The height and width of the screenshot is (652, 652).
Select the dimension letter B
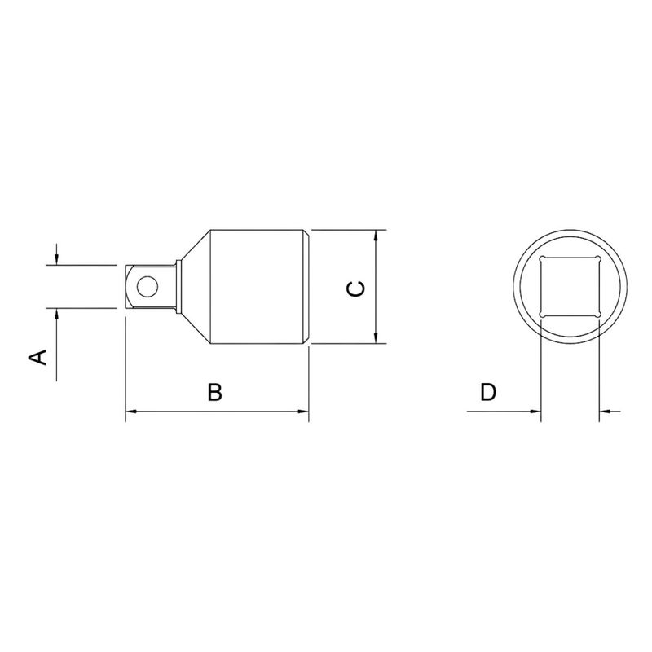tap(214, 392)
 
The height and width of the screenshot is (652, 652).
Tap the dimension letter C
tap(356, 289)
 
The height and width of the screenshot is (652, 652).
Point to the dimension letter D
tap(487, 392)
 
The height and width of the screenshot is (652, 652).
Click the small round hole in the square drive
tap(148, 286)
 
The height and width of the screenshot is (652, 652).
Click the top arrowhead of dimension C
tap(376, 236)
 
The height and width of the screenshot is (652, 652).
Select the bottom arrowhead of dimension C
tap(376, 338)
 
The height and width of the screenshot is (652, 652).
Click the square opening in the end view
tap(570, 287)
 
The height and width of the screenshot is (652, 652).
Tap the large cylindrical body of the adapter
tap(257, 286)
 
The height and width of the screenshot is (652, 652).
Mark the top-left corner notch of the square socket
tap(542, 259)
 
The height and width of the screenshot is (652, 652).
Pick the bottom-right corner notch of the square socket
tap(599, 315)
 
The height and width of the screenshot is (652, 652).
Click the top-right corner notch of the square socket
tap(599, 259)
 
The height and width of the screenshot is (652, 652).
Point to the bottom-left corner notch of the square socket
tap(542, 315)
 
